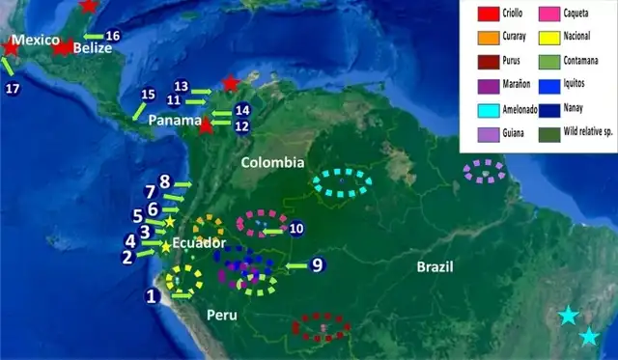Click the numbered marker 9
tap(316, 264)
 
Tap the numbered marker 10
tap(296, 229)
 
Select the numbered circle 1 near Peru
tap(151, 296)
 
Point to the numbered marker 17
tap(13, 89)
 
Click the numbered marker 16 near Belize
tap(113, 36)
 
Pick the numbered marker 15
tap(148, 95)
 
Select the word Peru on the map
tap(223, 316)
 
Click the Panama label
tap(175, 122)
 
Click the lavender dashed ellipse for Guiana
tap(484, 172)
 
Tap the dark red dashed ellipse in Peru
tap(322, 327)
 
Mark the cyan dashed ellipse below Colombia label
tap(343, 180)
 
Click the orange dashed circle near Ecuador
tap(208, 230)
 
